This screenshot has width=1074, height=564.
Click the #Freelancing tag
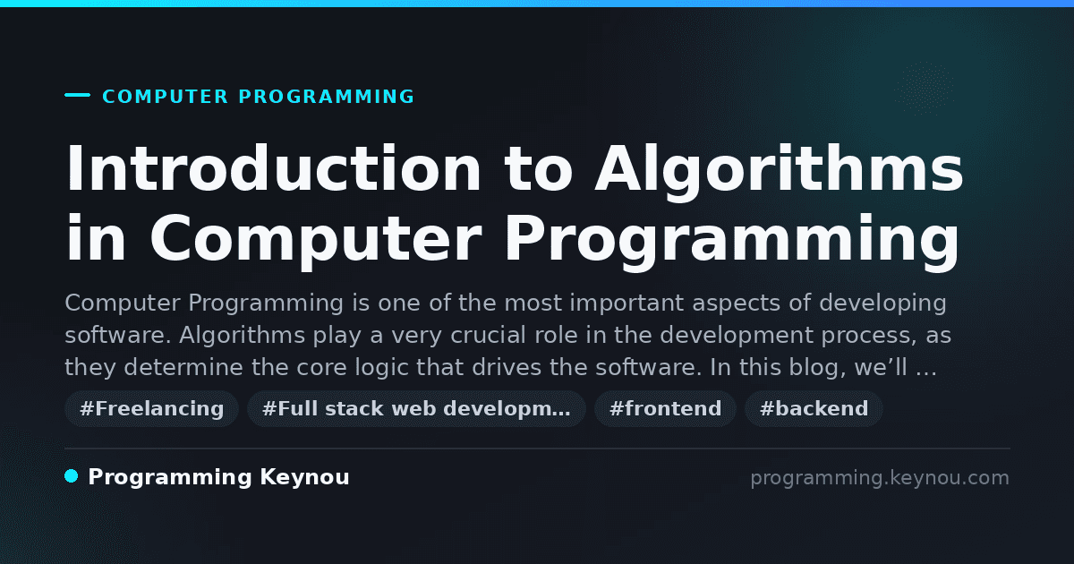point(151,408)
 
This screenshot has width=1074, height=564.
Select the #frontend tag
point(665,408)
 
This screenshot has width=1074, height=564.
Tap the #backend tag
point(814,408)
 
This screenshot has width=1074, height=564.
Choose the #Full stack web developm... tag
point(416,408)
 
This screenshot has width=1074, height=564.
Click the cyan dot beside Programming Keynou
point(72,476)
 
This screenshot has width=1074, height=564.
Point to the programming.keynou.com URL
point(880,478)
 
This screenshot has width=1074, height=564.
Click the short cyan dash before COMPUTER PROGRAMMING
point(77,95)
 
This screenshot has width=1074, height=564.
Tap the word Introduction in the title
point(273,169)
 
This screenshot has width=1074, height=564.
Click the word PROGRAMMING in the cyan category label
point(326,97)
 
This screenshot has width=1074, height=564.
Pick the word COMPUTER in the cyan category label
point(165,97)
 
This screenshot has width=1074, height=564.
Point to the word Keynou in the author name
point(304,477)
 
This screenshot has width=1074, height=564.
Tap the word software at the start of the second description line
point(118,335)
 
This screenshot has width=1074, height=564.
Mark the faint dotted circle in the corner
point(924,89)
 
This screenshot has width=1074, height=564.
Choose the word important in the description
point(626,303)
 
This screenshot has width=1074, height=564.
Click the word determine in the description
point(183,367)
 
